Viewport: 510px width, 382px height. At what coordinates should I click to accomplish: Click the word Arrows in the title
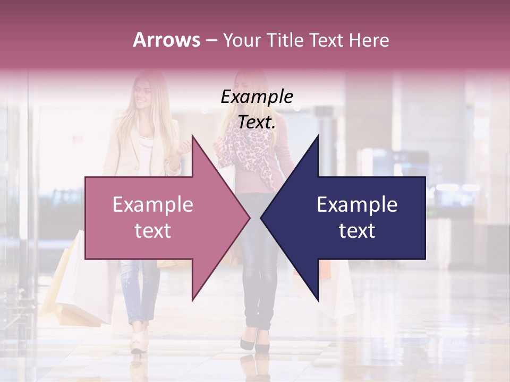coord(166,40)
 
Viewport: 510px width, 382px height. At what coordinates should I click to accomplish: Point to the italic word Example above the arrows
coord(257,97)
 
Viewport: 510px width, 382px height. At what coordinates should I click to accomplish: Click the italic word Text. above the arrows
coord(257,123)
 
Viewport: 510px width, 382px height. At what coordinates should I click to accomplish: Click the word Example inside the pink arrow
coord(152,205)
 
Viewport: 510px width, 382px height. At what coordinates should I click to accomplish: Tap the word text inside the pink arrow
coord(152,231)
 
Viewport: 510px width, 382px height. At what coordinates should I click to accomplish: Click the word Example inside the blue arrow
coord(357,205)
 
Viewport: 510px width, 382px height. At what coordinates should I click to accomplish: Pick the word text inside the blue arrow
coord(357,231)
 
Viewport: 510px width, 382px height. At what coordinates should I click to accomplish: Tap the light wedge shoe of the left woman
coord(139,340)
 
